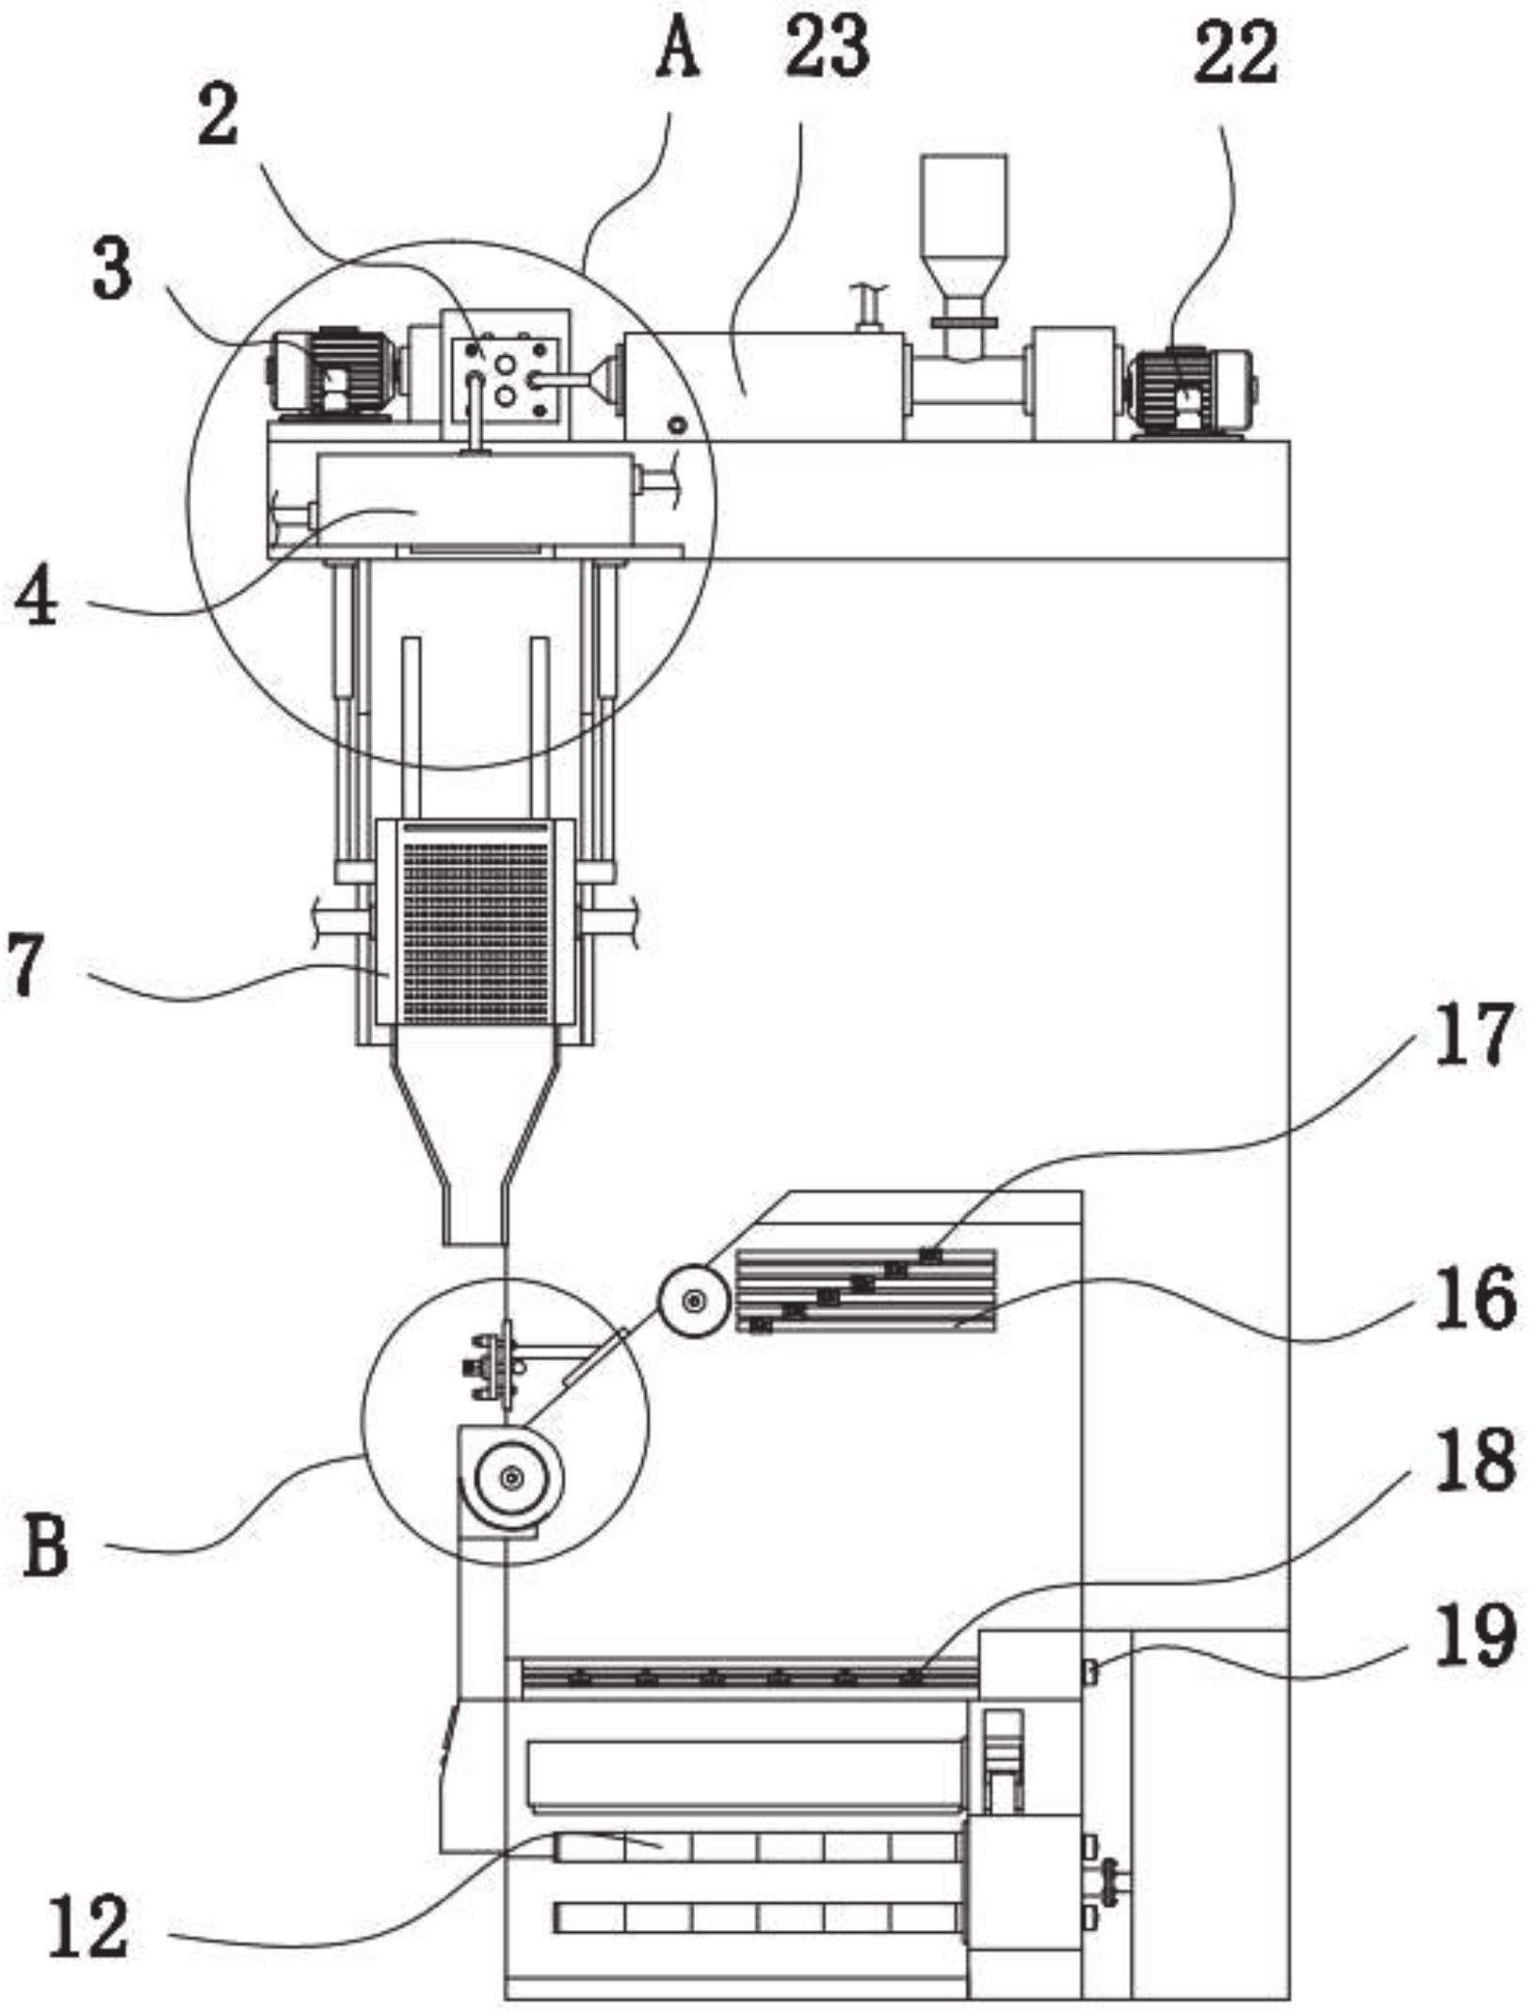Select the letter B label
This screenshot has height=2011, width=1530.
tap(46, 1546)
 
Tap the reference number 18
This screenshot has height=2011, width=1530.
tap(1474, 1459)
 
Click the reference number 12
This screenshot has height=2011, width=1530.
tap(88, 1927)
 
